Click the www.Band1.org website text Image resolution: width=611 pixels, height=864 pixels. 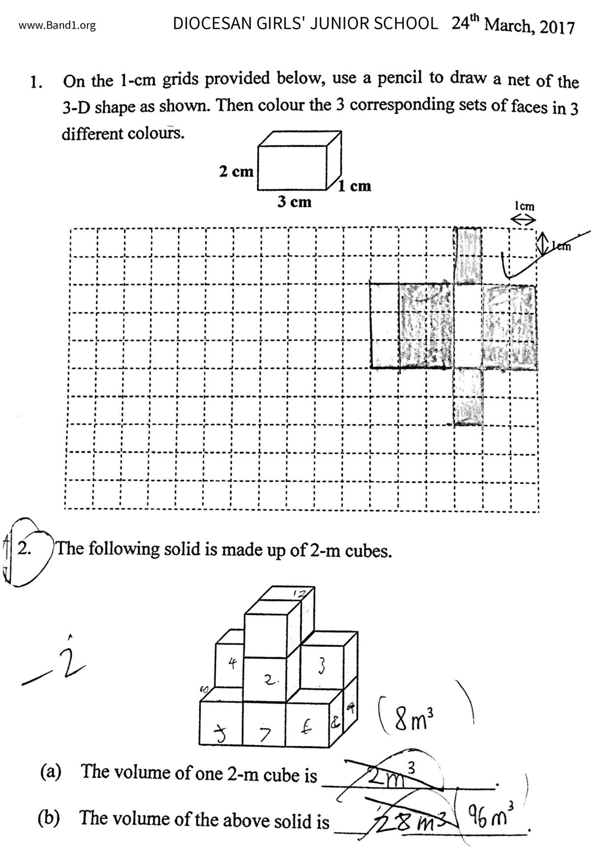57,26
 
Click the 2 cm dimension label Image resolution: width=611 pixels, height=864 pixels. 236,171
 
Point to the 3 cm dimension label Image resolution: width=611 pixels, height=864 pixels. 294,201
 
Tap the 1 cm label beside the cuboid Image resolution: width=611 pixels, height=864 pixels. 354,186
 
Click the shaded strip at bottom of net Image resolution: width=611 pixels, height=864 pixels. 468,397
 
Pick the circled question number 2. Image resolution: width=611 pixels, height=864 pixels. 25,549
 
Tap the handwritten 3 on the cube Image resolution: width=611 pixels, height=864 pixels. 321,666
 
